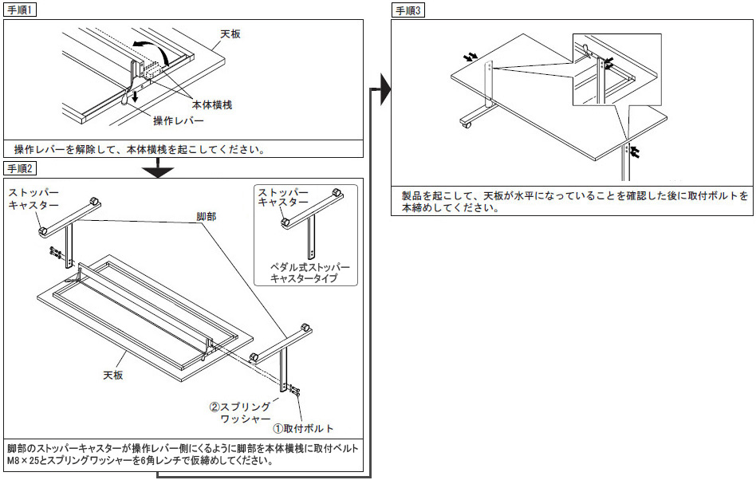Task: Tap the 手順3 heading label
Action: [x=409, y=11]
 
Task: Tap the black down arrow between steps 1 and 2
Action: [x=161, y=168]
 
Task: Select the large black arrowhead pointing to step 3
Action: [x=384, y=89]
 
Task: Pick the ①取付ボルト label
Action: [x=304, y=428]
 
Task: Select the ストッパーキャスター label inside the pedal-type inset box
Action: [x=282, y=198]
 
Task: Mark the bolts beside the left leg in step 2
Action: [x=56, y=252]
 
